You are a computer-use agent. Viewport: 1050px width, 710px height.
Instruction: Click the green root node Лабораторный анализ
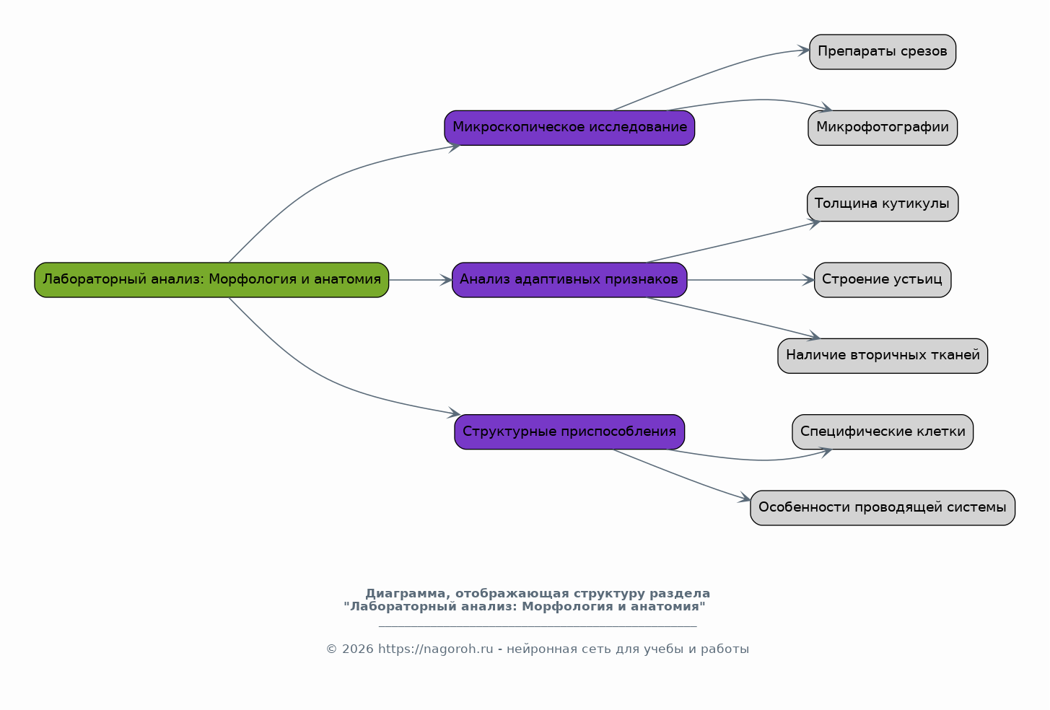[x=211, y=280]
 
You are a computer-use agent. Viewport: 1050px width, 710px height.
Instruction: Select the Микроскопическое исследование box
[x=569, y=128]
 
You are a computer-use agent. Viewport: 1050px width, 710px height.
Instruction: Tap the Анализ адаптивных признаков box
[x=569, y=280]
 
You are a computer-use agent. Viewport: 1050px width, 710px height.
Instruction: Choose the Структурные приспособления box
[x=569, y=431]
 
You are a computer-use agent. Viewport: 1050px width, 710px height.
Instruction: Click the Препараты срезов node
[x=883, y=51]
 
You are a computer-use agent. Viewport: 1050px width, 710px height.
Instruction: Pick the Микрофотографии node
[x=883, y=128]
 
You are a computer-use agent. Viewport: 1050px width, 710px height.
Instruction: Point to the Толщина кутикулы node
[x=883, y=204]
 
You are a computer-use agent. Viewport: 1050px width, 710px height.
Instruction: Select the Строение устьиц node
[x=883, y=280]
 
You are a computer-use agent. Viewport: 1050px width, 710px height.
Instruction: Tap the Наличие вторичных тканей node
[x=883, y=356]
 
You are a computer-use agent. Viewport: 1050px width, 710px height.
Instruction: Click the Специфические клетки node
[x=883, y=431]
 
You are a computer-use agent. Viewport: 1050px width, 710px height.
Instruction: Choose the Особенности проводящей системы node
[x=883, y=508]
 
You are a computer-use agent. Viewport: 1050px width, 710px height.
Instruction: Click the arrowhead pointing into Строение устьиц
[x=808, y=280]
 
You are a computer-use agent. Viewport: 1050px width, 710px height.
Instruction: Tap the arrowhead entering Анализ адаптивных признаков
[x=446, y=280]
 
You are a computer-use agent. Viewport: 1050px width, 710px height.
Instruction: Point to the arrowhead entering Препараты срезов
[x=803, y=51]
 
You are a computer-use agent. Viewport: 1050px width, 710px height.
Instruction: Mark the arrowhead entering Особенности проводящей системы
[x=744, y=498]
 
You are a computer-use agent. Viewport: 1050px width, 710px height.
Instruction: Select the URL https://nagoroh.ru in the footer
[x=435, y=649]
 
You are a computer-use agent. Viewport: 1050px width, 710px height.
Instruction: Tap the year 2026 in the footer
[x=358, y=649]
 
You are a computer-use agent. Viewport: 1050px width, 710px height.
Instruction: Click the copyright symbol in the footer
[x=331, y=649]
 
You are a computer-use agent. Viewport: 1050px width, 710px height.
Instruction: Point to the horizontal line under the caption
[x=538, y=626]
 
